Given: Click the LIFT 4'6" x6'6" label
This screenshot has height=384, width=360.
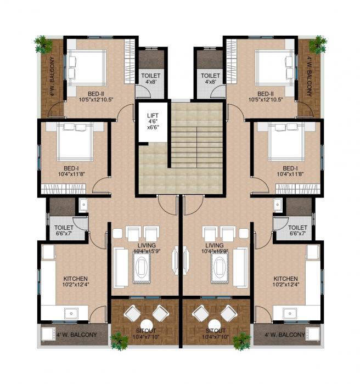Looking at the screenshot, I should point(153,121).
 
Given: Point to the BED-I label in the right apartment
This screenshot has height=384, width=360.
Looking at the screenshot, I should point(290,171).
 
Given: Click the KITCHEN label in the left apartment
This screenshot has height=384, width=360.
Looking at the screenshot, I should point(75,281).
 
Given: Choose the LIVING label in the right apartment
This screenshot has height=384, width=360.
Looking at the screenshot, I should point(214,248).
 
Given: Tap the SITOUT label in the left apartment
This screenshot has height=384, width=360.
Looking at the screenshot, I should point(144,333).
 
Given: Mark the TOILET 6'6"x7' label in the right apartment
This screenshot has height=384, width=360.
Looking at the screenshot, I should point(297,230).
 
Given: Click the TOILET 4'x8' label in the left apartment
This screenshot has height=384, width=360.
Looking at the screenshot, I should point(150,78).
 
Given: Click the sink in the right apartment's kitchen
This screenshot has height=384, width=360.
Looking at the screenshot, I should point(291,313).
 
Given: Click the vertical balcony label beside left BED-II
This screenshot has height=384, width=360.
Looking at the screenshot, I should point(53,77).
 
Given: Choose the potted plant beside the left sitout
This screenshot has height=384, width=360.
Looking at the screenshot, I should point(119,340).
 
